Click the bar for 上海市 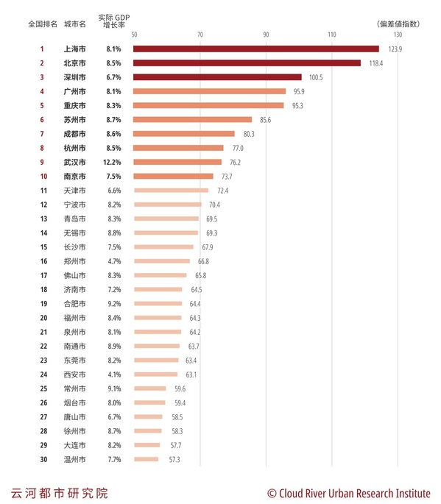255,49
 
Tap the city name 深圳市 74,77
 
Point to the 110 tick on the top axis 331,35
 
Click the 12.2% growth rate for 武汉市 113,162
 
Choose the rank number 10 43,177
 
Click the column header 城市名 74,24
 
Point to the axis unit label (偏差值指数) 398,24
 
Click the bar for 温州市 146,459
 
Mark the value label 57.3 174,459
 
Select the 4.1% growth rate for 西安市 113,375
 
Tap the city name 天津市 74,191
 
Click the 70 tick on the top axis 200,35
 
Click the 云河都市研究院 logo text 59,492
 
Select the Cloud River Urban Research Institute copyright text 349,492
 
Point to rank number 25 43,388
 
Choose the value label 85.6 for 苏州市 266,120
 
